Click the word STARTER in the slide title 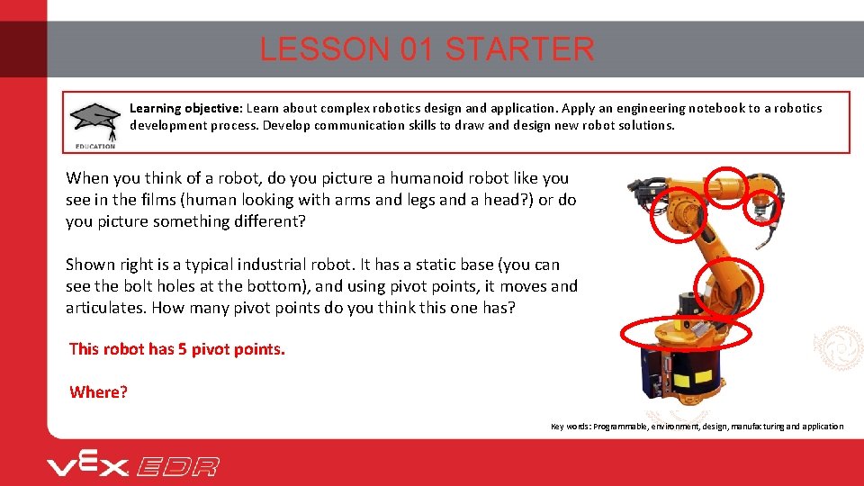coord(519,49)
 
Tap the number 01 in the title coord(418,49)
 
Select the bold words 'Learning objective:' coord(185,108)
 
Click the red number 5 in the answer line coord(183,349)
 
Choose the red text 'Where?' coord(99,392)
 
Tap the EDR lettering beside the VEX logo coord(178,466)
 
